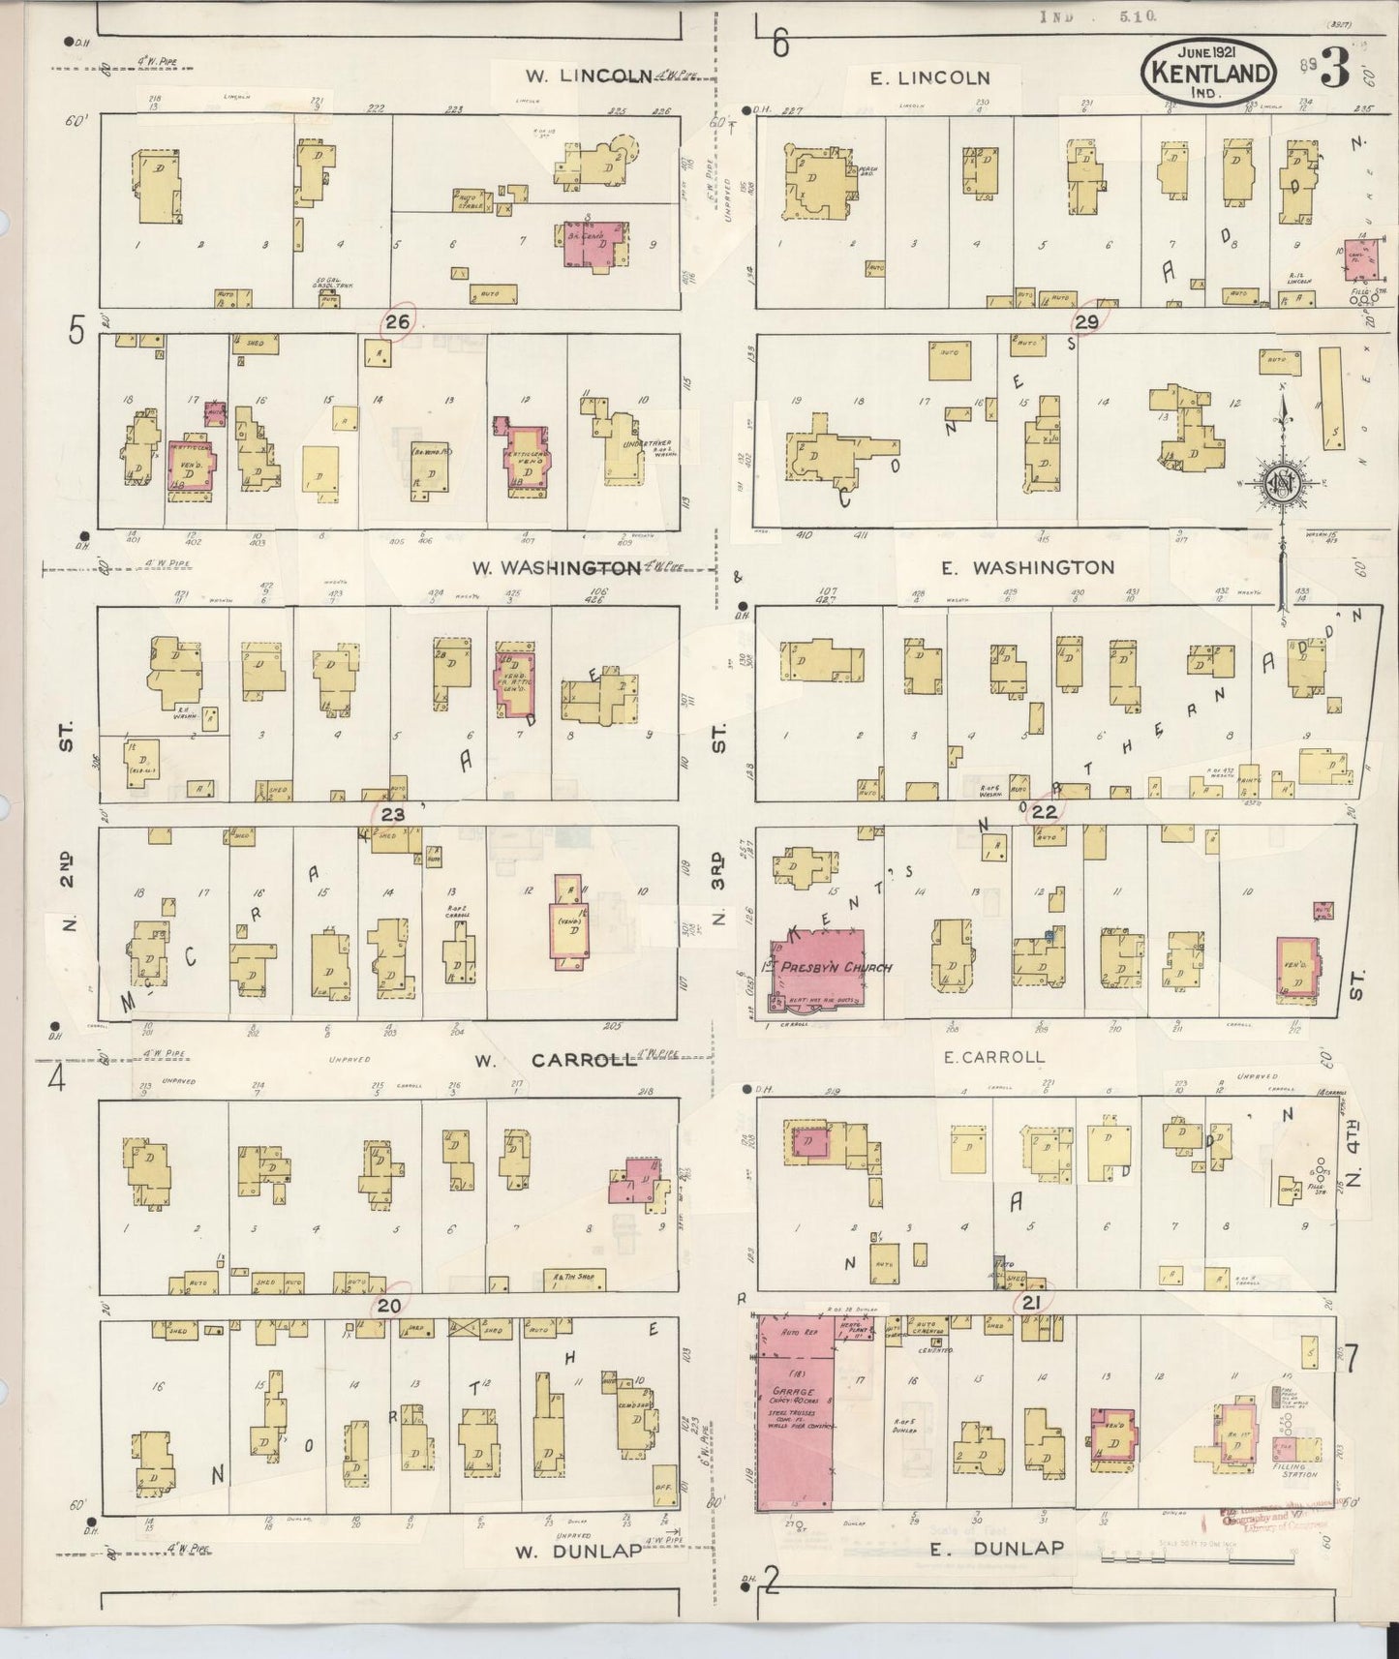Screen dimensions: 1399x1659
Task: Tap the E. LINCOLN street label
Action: (929, 78)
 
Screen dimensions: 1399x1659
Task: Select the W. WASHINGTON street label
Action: (556, 567)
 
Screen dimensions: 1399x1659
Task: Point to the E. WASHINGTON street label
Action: (1045, 567)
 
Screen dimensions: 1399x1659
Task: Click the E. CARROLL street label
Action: (994, 1057)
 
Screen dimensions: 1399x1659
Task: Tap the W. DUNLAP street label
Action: (577, 1552)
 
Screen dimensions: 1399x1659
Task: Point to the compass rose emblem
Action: (1282, 483)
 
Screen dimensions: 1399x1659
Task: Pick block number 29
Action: (1086, 322)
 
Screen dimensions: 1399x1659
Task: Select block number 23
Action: (392, 815)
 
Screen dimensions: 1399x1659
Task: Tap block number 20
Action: (389, 1306)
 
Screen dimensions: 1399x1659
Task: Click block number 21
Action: (1031, 1304)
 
